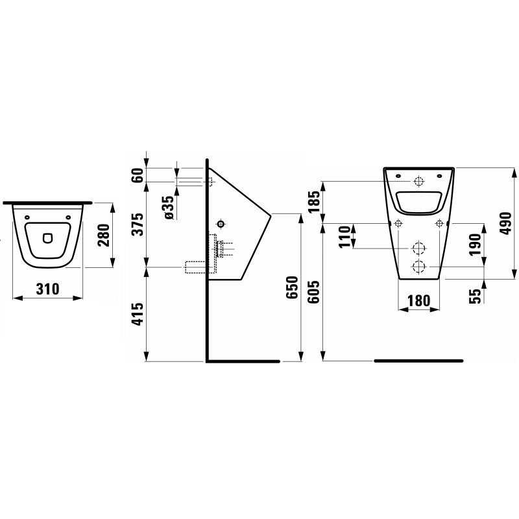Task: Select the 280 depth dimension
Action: coord(102,234)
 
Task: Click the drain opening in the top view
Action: coord(48,238)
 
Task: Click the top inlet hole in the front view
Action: coord(418,181)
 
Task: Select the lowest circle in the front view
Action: coord(418,266)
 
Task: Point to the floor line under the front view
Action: coord(418,359)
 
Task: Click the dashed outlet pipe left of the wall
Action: coord(195,266)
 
